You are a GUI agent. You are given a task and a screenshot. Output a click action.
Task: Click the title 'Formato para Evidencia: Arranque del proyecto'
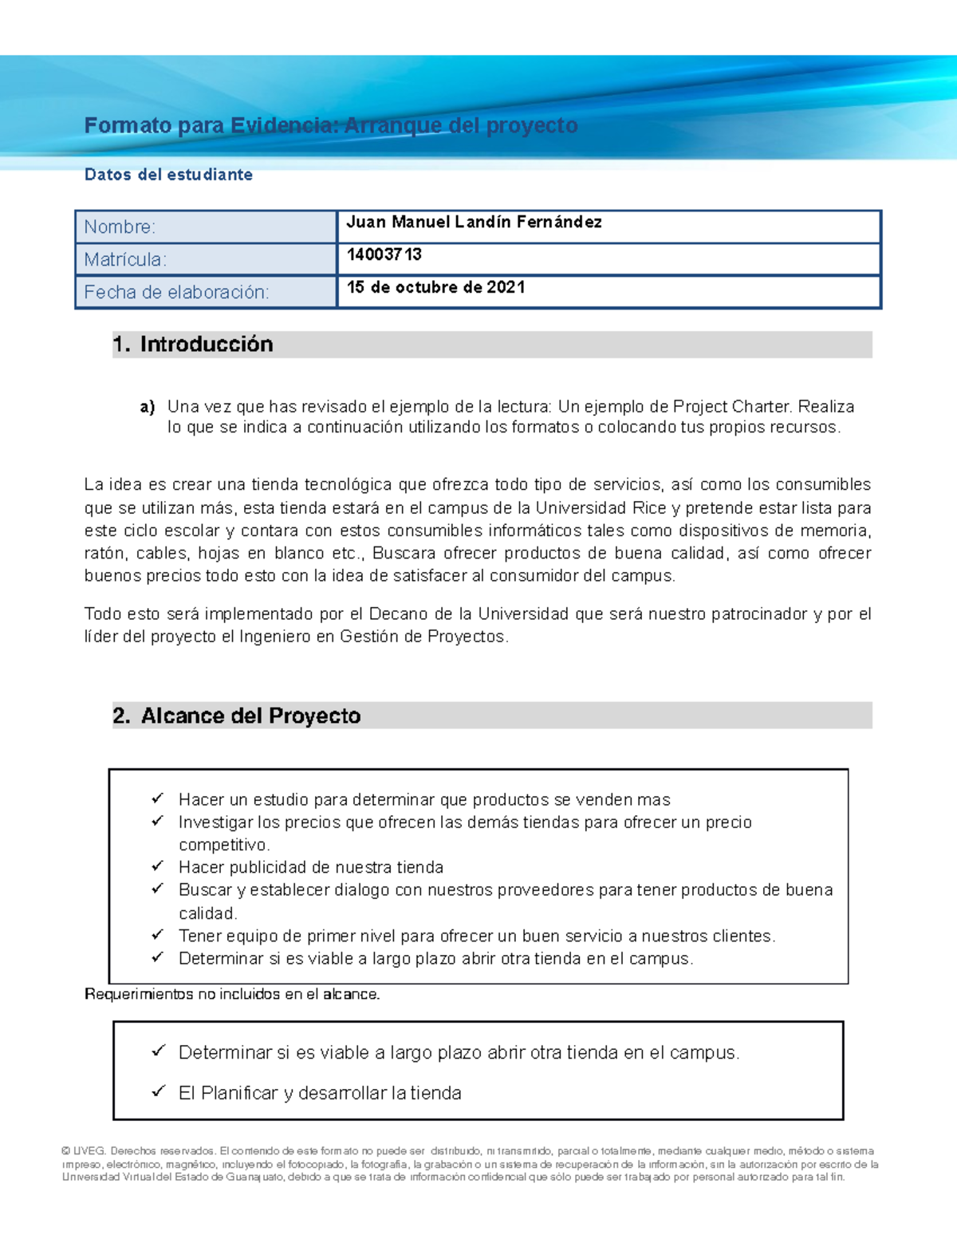pos(331,125)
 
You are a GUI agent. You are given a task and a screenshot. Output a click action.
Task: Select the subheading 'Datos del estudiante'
pos(168,175)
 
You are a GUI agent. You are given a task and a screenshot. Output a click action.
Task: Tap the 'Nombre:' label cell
pos(206,227)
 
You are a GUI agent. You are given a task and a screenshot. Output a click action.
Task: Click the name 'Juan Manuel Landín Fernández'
pos(474,223)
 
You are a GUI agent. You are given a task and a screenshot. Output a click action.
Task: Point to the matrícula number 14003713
pos(384,255)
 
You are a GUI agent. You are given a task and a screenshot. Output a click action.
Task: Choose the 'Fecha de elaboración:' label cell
pos(206,293)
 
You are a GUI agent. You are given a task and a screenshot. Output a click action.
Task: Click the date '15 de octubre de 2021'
pos(435,287)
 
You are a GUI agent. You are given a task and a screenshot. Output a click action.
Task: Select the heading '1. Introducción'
pos(193,345)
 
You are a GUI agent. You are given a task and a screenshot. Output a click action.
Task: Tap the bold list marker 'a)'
pos(147,407)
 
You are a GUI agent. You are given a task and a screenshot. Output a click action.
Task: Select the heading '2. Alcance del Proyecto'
pos(237,716)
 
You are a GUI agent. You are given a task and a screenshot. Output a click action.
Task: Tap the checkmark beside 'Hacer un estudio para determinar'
pos(157,799)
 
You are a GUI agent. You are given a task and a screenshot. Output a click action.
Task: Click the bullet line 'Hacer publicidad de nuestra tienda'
pos(311,867)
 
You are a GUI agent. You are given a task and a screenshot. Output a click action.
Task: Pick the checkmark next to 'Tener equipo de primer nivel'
pos(157,934)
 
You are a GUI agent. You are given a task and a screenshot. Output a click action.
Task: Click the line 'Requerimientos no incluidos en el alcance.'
pos(232,994)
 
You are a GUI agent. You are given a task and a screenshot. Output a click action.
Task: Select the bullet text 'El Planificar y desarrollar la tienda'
pos(320,1093)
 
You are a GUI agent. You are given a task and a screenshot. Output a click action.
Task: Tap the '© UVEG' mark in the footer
pos(84,1151)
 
